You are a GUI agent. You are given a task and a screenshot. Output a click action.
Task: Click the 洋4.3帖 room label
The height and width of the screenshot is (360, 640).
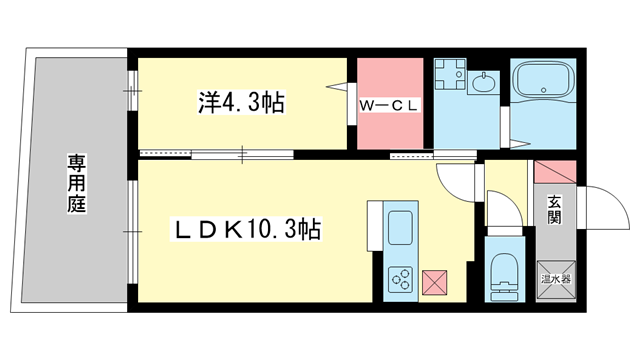pos(242,101)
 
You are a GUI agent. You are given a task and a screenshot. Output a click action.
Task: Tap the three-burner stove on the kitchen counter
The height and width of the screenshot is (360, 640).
pos(402,277)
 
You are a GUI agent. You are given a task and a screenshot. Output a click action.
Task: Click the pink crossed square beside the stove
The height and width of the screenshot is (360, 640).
pos(437,282)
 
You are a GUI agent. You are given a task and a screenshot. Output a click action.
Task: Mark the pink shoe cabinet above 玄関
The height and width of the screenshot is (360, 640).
pos(553,171)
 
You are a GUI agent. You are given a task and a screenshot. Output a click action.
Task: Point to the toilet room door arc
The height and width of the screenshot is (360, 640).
pos(503,207)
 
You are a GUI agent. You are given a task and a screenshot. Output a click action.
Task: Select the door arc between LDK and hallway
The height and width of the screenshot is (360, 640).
pos(456,181)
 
